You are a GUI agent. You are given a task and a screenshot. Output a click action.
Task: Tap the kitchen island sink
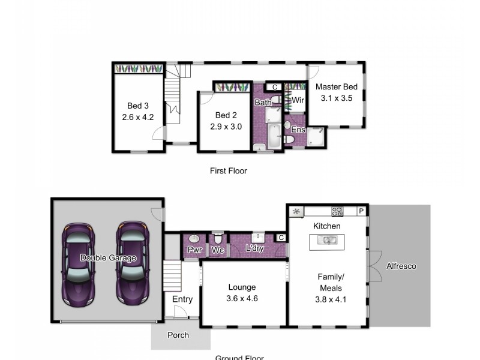pos(326,241)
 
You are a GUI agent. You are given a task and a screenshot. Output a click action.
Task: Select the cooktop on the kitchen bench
pos(337,211)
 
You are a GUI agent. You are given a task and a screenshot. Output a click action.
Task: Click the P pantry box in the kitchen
pos(361,211)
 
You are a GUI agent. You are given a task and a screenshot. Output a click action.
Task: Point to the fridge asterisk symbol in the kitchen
pos(296,211)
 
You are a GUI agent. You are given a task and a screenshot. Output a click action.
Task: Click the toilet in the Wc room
pos(218,237)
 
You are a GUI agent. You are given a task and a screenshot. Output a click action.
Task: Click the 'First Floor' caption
pos(228,171)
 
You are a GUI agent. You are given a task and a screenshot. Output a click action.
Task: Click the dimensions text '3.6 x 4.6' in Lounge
pos(242,298)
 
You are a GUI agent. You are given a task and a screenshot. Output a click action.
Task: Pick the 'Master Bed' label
pos(336,86)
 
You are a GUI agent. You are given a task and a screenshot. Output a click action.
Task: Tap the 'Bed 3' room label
pos(137,106)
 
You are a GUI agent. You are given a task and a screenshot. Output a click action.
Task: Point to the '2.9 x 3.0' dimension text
pos(226,127)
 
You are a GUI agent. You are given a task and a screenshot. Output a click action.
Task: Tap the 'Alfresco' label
pos(401,266)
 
